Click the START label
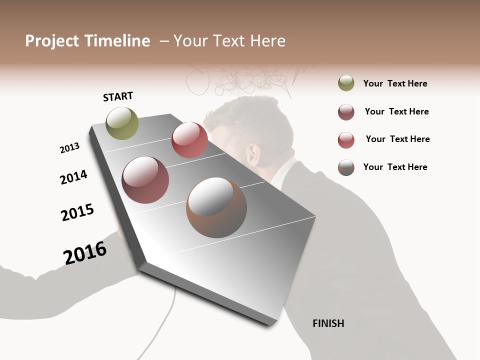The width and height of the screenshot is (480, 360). pos(118,96)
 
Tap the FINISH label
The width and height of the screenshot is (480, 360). pos(328,323)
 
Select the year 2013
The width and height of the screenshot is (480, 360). pos(69,148)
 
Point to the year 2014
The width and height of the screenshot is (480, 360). pos(73,177)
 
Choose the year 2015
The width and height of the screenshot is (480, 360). pos(77,212)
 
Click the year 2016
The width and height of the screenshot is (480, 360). pos(85,253)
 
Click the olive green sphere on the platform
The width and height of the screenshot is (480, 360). pos(122,123)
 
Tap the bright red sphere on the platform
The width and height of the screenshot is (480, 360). pos(189,140)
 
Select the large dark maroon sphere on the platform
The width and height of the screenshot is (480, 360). pos(145,180)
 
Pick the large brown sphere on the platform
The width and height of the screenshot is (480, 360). pos(216,208)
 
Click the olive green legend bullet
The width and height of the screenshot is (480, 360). pos(346,83)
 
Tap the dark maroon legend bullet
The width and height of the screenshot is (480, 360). pos(346,112)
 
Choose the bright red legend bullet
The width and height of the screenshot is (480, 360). pos(346,140)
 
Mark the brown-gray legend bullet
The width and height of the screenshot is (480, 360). pos(346,167)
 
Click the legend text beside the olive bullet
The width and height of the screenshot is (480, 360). pos(395,83)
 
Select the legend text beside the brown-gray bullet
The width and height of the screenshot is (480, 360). pos(395,167)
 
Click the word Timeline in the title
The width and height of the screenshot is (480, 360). pos(117,41)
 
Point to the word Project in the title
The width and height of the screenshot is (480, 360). pos(51,41)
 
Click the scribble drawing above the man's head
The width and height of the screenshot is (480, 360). pos(240,80)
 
